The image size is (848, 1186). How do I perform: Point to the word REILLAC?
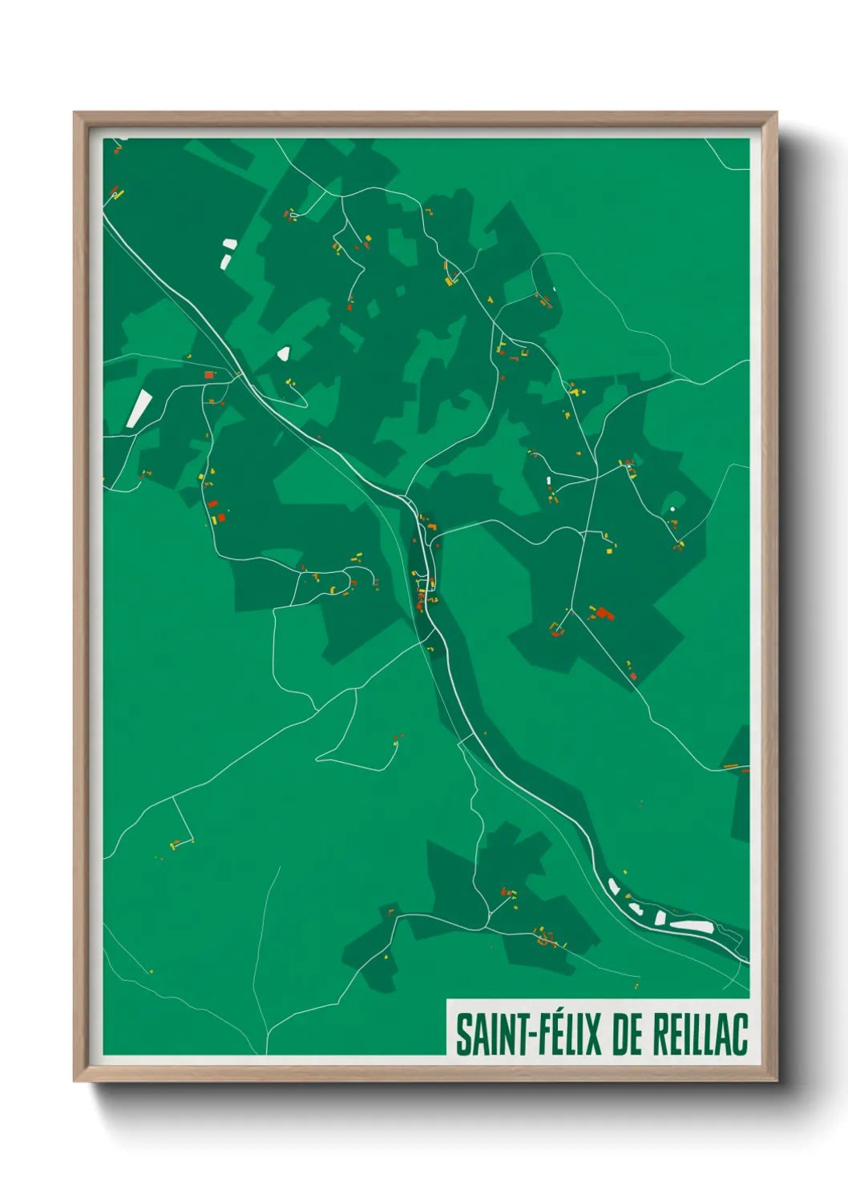coord(700,1035)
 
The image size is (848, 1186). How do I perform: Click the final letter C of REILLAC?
coord(740,1035)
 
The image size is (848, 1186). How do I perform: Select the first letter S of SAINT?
coord(463,1035)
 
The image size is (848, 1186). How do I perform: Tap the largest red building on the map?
coord(603,614)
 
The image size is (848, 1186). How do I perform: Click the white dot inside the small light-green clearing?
coord(672,509)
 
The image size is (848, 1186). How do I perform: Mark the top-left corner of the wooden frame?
coord(75,113)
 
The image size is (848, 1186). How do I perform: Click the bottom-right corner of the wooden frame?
coord(776,1080)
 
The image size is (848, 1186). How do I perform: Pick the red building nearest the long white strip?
coord(209,374)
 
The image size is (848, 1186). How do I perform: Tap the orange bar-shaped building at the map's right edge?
coord(732,767)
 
